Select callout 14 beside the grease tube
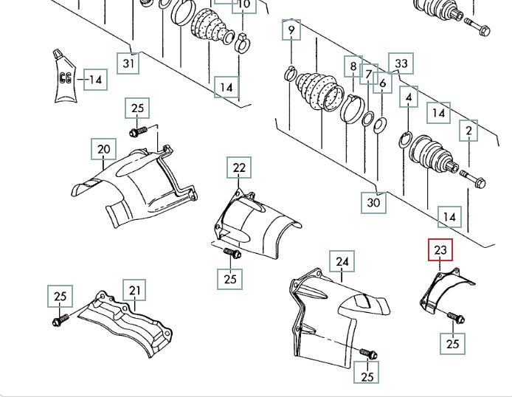coord(94,79)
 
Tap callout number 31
coord(129,63)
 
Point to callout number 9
coord(291,30)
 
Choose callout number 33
coord(401,63)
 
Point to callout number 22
coord(239,168)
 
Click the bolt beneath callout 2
coord(472,178)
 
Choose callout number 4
coord(409,97)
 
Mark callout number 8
coord(354,66)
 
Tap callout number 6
coord(382,83)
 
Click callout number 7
coord(369,74)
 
